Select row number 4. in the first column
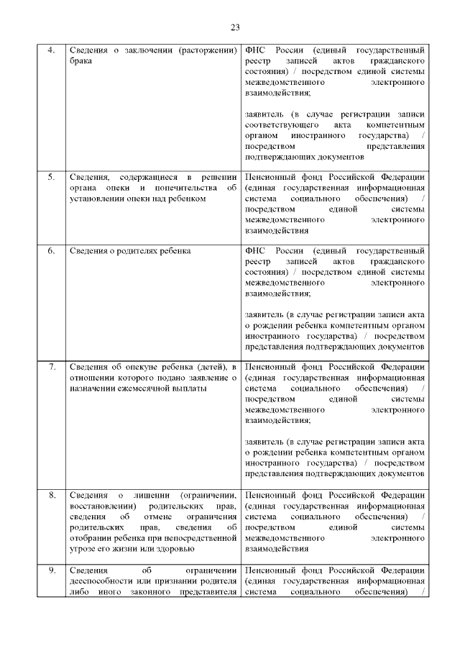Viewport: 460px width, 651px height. [x=51, y=51]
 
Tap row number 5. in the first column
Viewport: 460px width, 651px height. [x=51, y=177]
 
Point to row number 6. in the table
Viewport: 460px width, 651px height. [x=51, y=250]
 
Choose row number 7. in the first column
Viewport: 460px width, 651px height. [x=51, y=368]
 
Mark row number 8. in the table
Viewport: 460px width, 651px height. [x=51, y=495]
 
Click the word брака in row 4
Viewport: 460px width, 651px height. [x=80, y=62]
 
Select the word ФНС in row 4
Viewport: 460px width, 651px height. [x=255, y=51]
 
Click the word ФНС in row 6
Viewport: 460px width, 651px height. [x=255, y=250]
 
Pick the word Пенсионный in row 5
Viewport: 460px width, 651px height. [x=270, y=177]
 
